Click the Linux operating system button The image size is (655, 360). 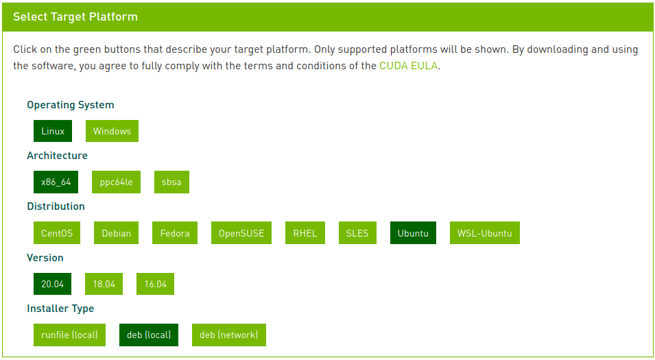pos(53,131)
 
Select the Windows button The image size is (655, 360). pos(112,131)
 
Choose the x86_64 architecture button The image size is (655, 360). pos(56,182)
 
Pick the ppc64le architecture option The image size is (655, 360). pos(116,182)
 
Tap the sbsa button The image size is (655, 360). pos(171,182)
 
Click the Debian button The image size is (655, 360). pos(116,233)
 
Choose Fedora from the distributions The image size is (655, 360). pos(175,233)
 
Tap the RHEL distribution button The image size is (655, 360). pos(305,233)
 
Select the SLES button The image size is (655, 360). pos(357,233)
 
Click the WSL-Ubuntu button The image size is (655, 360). pos(484,233)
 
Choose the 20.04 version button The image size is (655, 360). pos(52,284)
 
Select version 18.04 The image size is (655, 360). pos(104,284)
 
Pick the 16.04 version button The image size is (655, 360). pos(155,284)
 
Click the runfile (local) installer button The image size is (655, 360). pos(69,335)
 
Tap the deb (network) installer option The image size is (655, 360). pos(228,335)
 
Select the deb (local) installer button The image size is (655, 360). pos(149,335)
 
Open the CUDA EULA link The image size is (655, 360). pos(408,67)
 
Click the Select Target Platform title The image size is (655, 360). pos(75,16)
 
